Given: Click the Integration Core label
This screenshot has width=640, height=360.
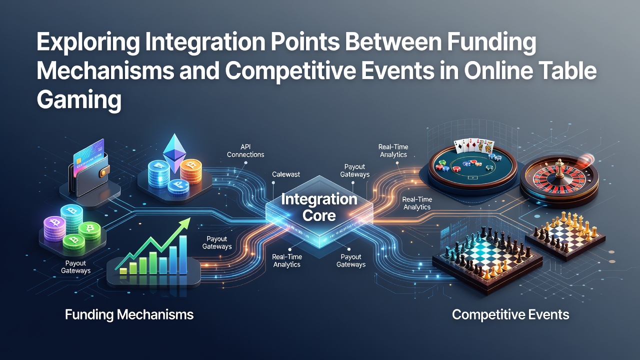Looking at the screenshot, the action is (319, 207).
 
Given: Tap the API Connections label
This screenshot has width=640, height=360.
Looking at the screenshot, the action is (245, 150).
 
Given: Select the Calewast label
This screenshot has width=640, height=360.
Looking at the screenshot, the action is (285, 174).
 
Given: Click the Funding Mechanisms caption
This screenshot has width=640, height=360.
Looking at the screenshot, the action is (129, 314).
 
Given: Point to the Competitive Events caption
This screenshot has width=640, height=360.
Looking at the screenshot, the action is (510, 314).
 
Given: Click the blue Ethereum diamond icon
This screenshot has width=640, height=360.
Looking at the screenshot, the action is (174, 153).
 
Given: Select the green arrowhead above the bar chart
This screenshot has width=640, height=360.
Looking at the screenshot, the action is (184, 223).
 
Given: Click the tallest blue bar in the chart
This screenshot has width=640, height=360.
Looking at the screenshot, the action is (182, 254).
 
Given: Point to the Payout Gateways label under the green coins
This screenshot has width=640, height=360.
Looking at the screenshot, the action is (75, 267).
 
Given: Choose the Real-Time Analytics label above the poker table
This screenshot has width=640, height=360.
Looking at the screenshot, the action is (393, 150).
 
